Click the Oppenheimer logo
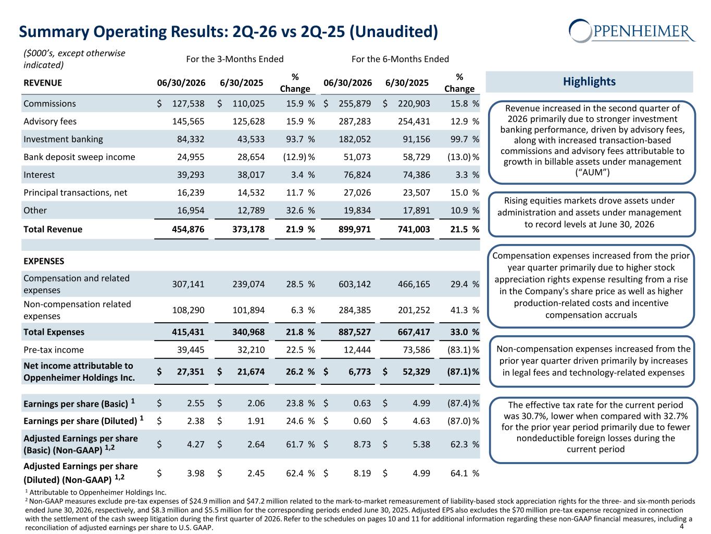[631, 31]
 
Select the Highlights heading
[589, 81]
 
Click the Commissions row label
[49, 103]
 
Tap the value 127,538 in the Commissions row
[188, 103]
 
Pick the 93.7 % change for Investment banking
[300, 139]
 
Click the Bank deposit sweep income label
[79, 157]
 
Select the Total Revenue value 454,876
[188, 229]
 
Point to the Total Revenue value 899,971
[355, 229]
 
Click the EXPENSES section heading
[44, 261]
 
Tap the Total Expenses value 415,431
[188, 332]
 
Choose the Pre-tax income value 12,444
[357, 350]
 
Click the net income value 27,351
[191, 372]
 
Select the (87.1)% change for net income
[463, 372]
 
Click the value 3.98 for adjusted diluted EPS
[196, 474]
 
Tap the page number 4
[681, 526]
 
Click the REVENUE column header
[43, 83]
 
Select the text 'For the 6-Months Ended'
[400, 59]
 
